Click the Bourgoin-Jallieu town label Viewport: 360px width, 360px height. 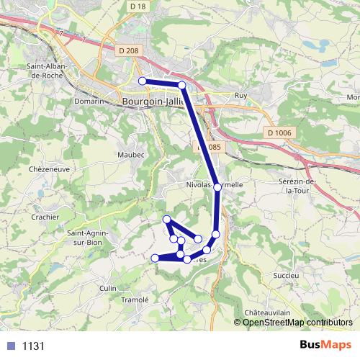pyautogui.click(x=154, y=102)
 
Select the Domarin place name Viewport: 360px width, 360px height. pyautogui.click(x=89, y=102)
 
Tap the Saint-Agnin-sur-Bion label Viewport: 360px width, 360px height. pyautogui.click(x=88, y=237)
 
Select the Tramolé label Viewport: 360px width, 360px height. pyautogui.click(x=135, y=300)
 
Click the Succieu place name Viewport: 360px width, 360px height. pyautogui.click(x=287, y=275)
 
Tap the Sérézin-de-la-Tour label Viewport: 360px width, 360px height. pyautogui.click(x=302, y=186)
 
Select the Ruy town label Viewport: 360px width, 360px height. pyautogui.click(x=241, y=95)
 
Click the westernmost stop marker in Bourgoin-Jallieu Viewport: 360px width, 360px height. pyautogui.click(x=143, y=81)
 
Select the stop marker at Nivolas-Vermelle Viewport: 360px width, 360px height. pyautogui.click(x=217, y=187)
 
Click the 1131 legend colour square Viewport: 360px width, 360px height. pyautogui.click(x=10, y=346)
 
